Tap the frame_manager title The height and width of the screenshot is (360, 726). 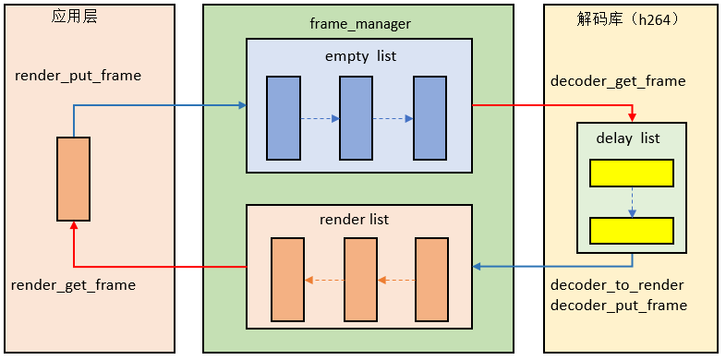(360, 23)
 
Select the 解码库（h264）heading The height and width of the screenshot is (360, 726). (627, 18)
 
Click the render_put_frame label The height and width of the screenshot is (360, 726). (79, 75)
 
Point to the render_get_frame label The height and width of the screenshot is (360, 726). (73, 285)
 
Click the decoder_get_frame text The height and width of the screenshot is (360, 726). (618, 81)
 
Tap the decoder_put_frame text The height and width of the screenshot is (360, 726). (618, 306)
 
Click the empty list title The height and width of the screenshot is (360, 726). (360, 56)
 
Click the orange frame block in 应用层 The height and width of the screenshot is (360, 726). (73, 179)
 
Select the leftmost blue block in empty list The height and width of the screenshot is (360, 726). (284, 118)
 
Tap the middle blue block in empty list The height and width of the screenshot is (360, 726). (355, 118)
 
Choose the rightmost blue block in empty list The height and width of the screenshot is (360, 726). (430, 118)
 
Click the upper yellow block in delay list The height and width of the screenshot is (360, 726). (632, 173)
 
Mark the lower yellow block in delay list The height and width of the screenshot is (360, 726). (632, 231)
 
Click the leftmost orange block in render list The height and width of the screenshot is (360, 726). (287, 279)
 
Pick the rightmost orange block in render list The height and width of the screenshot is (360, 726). (431, 279)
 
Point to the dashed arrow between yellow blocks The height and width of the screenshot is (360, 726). (632, 202)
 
